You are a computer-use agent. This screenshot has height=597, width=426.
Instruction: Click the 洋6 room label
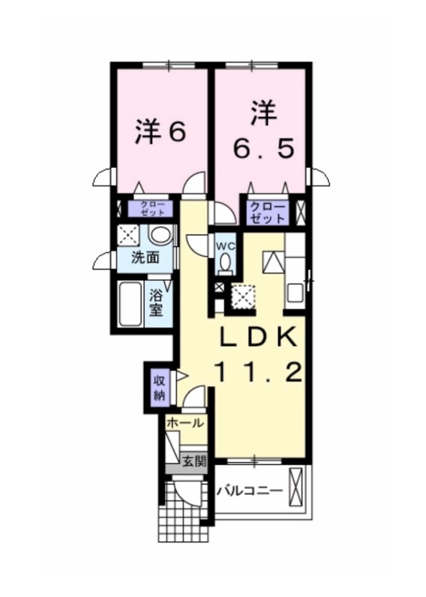point(160,132)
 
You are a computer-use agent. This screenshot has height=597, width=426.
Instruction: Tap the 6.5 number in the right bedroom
point(264,149)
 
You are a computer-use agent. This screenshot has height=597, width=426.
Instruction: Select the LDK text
point(259,336)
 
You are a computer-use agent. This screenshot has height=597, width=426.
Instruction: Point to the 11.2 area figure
point(259,372)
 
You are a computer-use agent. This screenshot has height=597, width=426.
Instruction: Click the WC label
point(226,246)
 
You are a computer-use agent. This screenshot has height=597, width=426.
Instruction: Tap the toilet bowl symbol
point(226,263)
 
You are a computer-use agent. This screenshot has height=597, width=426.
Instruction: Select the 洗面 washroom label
point(145,257)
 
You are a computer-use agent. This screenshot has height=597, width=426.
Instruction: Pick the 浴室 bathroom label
point(156,303)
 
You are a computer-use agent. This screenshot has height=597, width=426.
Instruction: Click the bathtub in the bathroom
point(131,304)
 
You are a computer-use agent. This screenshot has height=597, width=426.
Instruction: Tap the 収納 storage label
point(160,388)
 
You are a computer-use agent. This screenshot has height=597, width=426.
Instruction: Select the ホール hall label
point(185,422)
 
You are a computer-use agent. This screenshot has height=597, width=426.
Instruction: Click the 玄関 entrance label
point(194,461)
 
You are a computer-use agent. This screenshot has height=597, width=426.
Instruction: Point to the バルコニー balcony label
point(250,491)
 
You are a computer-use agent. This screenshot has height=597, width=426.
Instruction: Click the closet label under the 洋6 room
point(152,208)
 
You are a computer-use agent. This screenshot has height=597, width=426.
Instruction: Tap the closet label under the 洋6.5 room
point(268,213)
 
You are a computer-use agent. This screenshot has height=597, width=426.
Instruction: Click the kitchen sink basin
point(295,293)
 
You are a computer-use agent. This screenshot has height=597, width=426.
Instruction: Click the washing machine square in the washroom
point(128,235)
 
